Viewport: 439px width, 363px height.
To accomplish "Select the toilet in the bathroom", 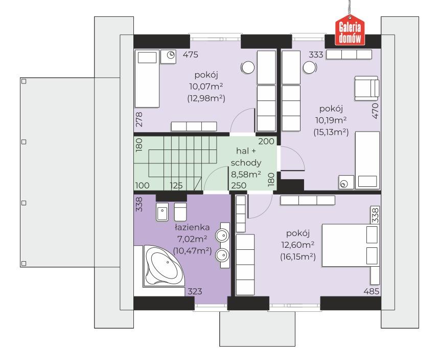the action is pos(180,212).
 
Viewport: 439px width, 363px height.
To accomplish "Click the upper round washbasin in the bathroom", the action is pos(223,235).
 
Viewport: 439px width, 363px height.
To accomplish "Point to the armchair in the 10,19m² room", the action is pos(367,88).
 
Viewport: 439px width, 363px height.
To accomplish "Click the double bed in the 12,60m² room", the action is pos(350,245).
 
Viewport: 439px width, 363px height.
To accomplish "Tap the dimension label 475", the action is pos(191,54).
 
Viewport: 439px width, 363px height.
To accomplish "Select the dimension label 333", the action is pos(316,54).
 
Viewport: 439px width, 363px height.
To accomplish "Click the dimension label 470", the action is pos(375,111).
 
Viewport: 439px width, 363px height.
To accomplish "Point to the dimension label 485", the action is pos(372,291).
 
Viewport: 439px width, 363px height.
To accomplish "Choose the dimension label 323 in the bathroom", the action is pos(195,291).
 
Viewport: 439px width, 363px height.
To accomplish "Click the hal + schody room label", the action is pos(246,157).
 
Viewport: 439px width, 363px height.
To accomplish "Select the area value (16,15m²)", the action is pos(298,257).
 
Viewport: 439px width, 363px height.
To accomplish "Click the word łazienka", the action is pos(192,227).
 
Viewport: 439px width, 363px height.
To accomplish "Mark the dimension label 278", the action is pos(139,119).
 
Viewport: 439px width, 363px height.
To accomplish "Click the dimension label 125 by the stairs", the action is pos(176,185).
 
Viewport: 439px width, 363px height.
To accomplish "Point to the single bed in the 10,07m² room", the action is pos(147,78).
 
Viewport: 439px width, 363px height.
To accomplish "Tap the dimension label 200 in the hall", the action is pos(266,141).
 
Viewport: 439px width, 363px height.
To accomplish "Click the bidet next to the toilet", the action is pos(163,212).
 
